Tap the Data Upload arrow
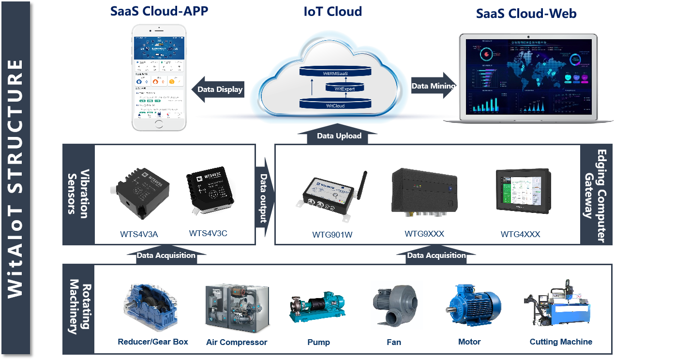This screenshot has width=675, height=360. [339, 135]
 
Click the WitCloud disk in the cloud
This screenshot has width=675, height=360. [335, 104]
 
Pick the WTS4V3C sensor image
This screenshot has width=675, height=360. [210, 190]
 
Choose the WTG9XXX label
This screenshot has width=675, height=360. [424, 234]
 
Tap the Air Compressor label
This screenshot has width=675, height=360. [237, 343]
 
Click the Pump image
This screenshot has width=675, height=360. [317, 306]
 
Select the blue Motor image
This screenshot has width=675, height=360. [473, 304]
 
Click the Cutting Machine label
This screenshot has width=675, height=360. [561, 342]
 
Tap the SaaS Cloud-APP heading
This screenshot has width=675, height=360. [159, 11]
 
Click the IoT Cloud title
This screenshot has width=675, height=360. [332, 11]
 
